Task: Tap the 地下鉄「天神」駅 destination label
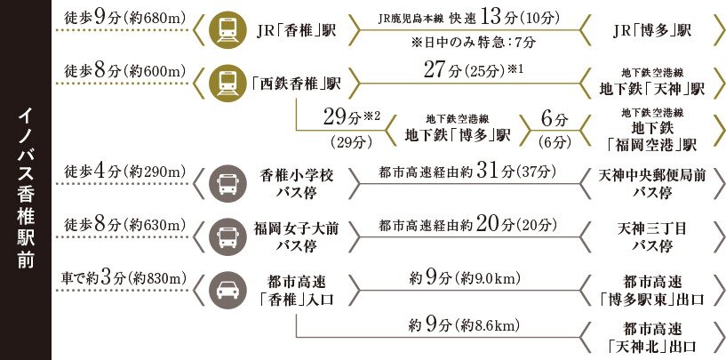[x=652, y=84]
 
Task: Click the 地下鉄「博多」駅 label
[x=457, y=135]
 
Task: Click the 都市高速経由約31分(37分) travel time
[x=455, y=172]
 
